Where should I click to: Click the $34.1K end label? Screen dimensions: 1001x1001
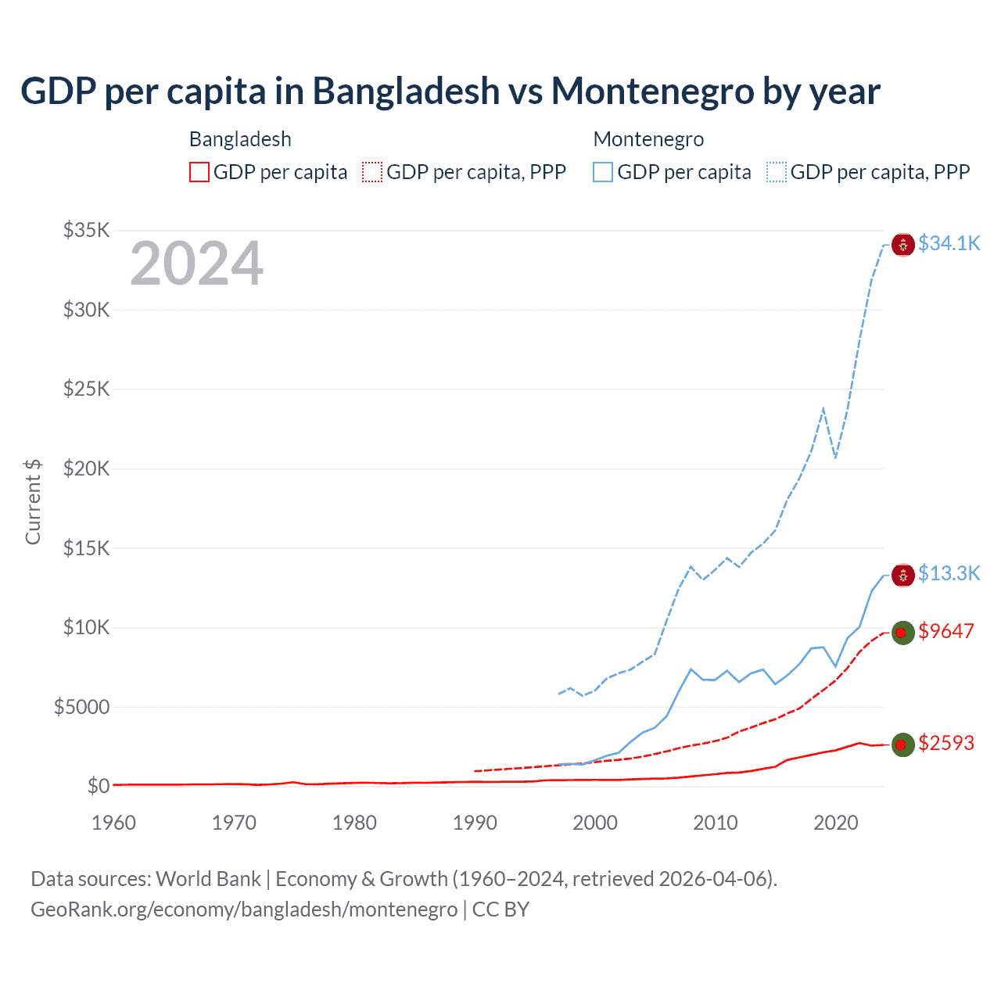949,243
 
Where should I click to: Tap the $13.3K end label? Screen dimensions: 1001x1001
949,573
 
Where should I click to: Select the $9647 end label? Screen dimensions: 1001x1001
945,631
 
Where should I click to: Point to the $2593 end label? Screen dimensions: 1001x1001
945,743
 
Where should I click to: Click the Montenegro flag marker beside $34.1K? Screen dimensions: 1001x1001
903,245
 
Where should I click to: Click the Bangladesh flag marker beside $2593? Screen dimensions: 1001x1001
903,744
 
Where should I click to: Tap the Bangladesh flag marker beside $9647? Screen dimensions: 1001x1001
903,633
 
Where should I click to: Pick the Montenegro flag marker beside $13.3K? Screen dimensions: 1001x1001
903,576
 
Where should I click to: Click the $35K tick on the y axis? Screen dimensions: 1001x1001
87,230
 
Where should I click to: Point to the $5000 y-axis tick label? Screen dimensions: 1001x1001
81,707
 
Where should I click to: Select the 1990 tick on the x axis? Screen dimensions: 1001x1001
475,823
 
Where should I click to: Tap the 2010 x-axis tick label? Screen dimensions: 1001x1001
716,823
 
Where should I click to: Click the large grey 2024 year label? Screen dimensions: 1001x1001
196,264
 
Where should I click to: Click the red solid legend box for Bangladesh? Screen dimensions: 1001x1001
199,172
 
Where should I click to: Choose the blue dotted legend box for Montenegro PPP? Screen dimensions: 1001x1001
777,172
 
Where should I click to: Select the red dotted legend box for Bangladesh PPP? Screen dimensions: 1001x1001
372,172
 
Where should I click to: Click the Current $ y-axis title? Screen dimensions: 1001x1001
33,501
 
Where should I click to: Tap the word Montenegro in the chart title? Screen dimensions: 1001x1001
652,91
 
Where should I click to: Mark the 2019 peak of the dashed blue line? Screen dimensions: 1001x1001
823,408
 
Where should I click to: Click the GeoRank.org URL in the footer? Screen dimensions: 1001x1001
244,910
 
